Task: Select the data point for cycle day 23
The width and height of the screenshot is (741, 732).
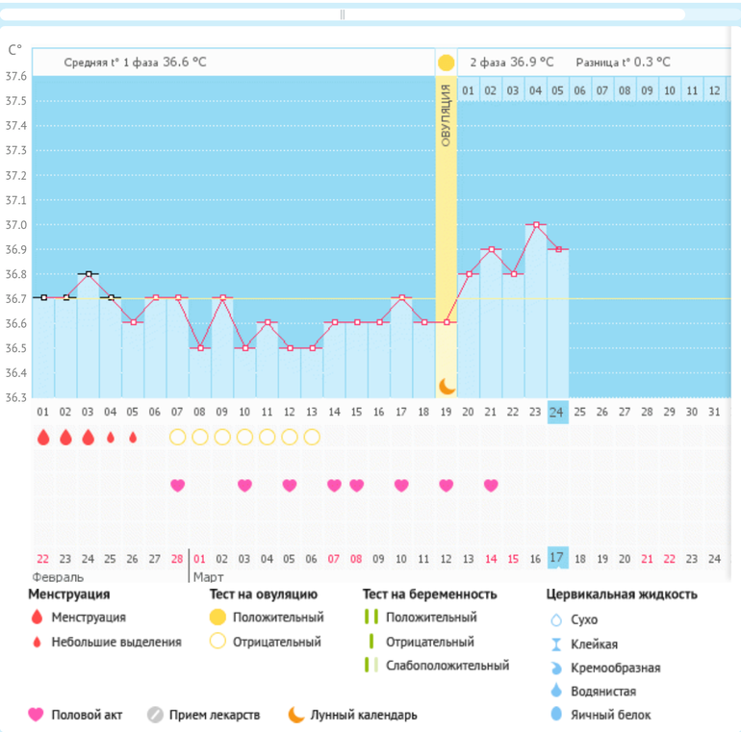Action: (x=536, y=224)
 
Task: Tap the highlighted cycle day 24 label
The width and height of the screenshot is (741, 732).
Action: (x=557, y=412)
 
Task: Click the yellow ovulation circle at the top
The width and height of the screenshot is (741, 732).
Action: (x=446, y=63)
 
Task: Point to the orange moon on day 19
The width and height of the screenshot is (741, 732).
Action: (x=446, y=386)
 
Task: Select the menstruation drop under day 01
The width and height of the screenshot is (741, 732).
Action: (x=43, y=438)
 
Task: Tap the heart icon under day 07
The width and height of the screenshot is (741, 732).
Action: (x=177, y=485)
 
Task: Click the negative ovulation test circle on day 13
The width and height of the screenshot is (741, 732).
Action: (x=312, y=437)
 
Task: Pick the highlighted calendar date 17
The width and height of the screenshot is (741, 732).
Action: (x=557, y=558)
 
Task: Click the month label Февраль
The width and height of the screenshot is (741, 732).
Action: (x=58, y=577)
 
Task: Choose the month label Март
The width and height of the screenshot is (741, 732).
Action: (x=209, y=577)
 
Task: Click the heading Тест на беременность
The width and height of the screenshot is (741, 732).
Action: (x=429, y=594)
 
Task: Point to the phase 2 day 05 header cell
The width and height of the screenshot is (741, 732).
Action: (x=557, y=91)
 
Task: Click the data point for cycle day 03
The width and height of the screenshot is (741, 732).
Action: (x=89, y=274)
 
